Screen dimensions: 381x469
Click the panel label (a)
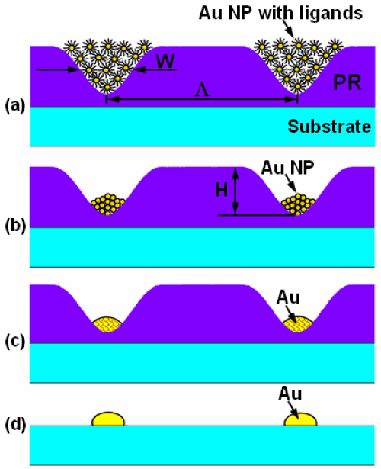tap(15, 106)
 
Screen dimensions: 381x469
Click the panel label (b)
tap(15, 225)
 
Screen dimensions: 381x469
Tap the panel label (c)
tap(15, 342)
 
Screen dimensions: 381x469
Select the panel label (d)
tap(15, 425)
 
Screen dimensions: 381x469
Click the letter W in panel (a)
tap(165, 61)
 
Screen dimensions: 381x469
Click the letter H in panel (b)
tap(222, 189)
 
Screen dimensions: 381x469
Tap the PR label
tap(347, 82)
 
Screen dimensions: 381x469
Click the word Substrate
tap(329, 126)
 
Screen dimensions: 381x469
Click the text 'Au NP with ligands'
tap(280, 13)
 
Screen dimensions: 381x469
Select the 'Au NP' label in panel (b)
tap(287, 168)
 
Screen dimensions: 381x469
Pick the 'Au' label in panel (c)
tap(288, 297)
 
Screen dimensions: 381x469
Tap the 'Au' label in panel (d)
tap(290, 394)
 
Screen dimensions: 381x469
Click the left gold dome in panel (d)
tap(108, 419)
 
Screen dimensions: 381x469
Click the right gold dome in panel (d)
tap(300, 419)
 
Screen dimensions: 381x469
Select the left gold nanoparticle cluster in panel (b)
tap(107, 204)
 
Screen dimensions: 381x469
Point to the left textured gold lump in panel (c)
tap(107, 324)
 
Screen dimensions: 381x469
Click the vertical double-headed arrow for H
tap(235, 191)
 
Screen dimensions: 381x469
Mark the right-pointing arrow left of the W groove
tap(57, 69)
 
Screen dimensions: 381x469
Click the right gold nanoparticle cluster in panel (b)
tap(298, 204)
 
